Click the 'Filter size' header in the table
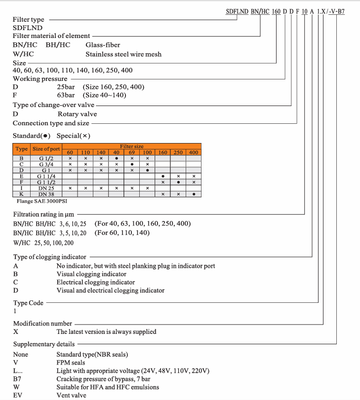click(x=131, y=146)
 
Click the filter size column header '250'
click(x=178, y=152)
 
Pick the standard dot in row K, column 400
click(x=194, y=194)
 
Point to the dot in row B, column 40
click(x=116, y=158)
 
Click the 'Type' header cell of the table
click(x=21, y=149)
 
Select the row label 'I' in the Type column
click(x=21, y=188)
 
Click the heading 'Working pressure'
click(x=40, y=78)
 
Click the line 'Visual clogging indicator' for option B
click(x=91, y=274)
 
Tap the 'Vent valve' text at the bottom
click(x=71, y=395)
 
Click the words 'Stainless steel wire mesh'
click(x=123, y=54)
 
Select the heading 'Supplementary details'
click(x=44, y=344)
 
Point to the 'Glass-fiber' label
click(x=103, y=45)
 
